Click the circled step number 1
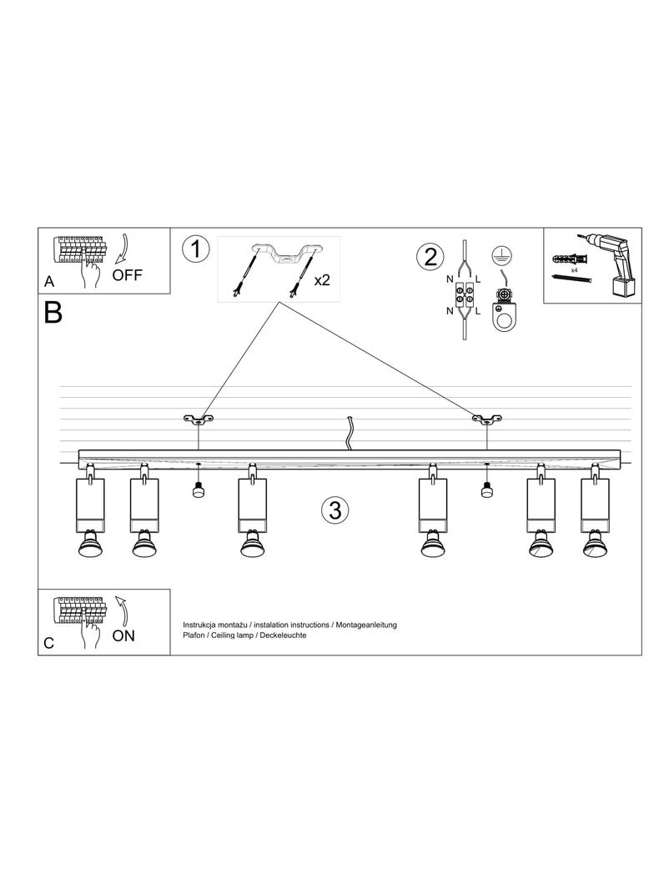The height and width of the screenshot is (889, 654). (195, 249)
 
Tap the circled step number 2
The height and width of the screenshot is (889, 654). (430, 256)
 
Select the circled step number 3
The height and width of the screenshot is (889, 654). (335, 510)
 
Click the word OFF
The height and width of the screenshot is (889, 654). (128, 275)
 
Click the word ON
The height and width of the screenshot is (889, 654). (123, 635)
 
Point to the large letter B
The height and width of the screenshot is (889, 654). (53, 314)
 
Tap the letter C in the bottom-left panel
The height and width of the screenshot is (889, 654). (49, 644)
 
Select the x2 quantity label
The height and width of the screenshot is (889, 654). (322, 280)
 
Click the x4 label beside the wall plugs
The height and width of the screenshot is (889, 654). (575, 270)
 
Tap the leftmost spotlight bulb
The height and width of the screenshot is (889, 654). (88, 547)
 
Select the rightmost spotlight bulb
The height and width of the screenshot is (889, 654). (595, 547)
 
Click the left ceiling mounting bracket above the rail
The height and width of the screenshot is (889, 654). (199, 419)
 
